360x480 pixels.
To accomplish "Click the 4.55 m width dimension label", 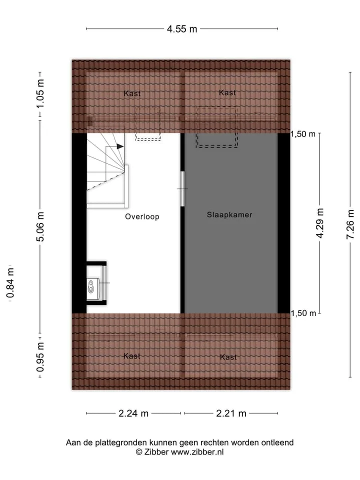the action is (x=182, y=29).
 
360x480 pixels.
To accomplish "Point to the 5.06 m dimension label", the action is (x=40, y=226).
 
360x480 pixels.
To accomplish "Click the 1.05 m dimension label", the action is (x=40, y=93).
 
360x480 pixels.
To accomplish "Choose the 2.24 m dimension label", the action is (x=133, y=413).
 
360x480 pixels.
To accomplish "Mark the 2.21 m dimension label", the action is (x=231, y=413).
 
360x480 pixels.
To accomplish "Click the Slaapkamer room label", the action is (x=229, y=214).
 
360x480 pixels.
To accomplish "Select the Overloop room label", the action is (x=142, y=216).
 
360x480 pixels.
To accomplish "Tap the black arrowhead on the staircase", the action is (x=120, y=146).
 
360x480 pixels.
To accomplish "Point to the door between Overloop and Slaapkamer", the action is (x=182, y=189).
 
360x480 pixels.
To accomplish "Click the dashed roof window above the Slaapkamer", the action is (x=216, y=127).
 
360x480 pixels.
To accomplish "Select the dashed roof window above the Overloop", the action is (x=148, y=124).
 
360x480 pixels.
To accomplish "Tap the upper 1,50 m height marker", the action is (x=303, y=134).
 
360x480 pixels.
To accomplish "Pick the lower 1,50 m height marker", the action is (x=303, y=313).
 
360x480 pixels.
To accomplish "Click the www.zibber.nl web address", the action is (x=197, y=452).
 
